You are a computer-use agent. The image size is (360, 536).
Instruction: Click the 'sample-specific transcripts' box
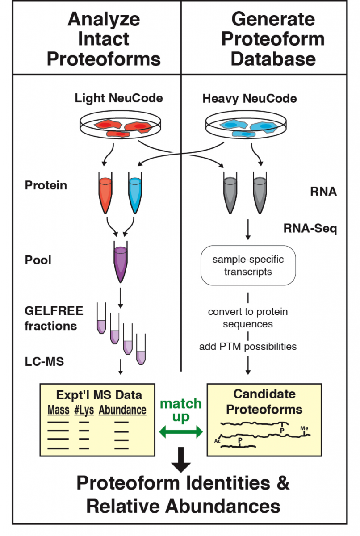pyautogui.click(x=248, y=265)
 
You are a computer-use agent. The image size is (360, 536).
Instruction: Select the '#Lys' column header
pyautogui.click(x=84, y=410)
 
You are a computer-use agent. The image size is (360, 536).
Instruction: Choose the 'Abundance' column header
pyautogui.click(x=122, y=410)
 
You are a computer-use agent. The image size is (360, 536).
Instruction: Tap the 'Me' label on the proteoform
pyautogui.click(x=304, y=428)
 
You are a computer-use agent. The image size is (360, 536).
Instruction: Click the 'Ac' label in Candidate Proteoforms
pyautogui.click(x=218, y=440)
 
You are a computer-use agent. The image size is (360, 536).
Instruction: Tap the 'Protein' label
pyautogui.click(x=46, y=185)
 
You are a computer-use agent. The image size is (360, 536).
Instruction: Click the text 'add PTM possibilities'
pyautogui.click(x=248, y=346)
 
